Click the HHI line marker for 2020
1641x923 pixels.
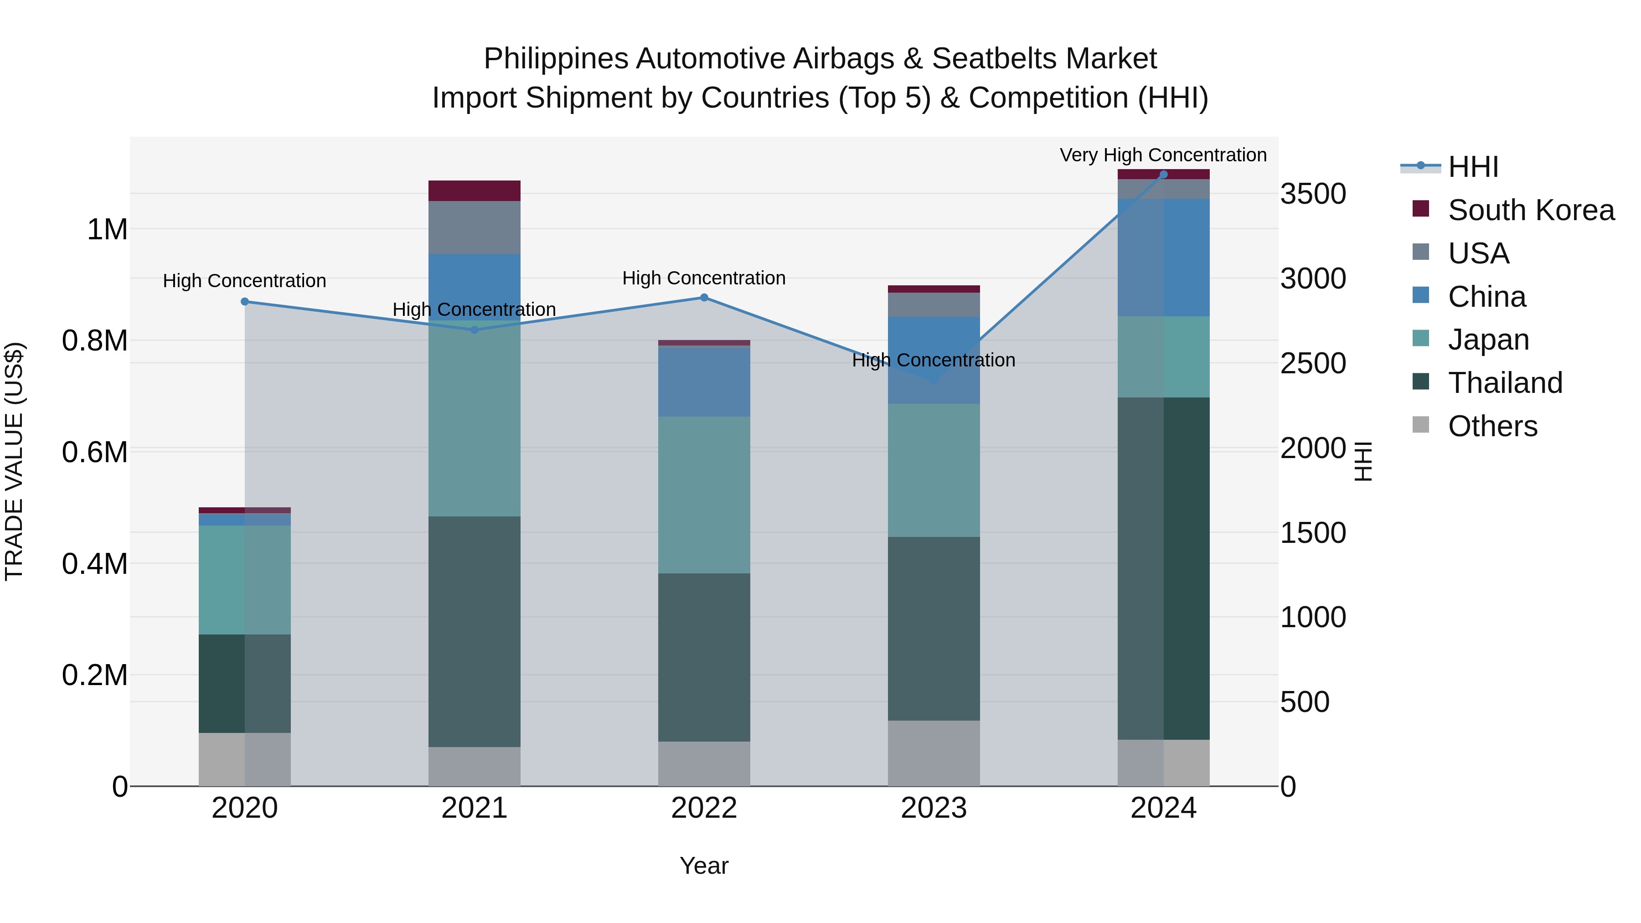click(245, 301)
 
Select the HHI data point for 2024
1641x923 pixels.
click(1163, 175)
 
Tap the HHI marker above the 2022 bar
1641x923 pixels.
click(704, 298)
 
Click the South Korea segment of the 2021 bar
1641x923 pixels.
click(474, 191)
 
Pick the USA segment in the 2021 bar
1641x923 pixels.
click(474, 227)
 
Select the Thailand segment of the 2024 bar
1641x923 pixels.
click(1163, 568)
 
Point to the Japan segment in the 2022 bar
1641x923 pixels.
click(704, 495)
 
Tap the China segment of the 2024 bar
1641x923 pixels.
click(1163, 258)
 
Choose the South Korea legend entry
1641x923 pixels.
click(1530, 210)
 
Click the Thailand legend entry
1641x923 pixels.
click(1505, 383)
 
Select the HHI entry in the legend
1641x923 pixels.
click(1472, 167)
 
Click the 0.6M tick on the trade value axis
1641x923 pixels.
click(95, 452)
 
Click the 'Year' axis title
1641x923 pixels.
click(704, 866)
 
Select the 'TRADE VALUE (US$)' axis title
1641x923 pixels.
click(14, 461)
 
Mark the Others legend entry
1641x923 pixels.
click(1492, 426)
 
